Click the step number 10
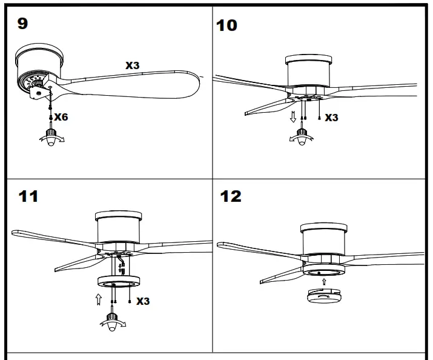[x=226, y=25]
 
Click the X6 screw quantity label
[x=61, y=117]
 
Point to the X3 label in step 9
[x=133, y=65]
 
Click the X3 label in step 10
[x=331, y=118]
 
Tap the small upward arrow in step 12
[x=324, y=281]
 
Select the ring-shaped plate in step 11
[x=118, y=283]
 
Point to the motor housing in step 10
[x=309, y=74]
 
